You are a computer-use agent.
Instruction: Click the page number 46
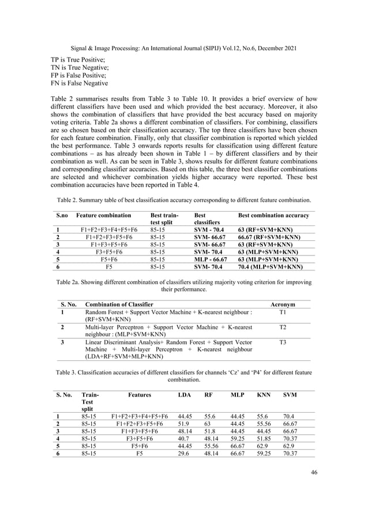(313, 473)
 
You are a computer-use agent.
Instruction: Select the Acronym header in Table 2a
(283, 304)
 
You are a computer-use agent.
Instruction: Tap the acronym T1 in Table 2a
(283, 312)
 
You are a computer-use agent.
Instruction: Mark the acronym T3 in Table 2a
(283, 342)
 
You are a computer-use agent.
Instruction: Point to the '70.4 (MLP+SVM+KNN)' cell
(271, 267)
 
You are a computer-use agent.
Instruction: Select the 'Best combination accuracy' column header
(274, 216)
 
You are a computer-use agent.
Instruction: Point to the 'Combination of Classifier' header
(119, 304)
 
